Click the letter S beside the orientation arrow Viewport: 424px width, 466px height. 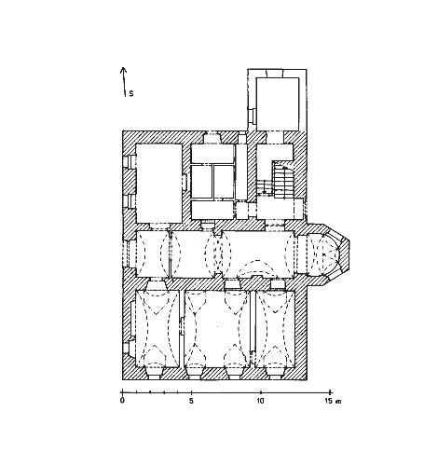coord(131,93)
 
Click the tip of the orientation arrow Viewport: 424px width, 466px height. coord(123,67)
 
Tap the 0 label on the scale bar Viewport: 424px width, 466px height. coord(122,401)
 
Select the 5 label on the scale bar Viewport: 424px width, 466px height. coord(191,401)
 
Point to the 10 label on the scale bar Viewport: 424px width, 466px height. coord(260,401)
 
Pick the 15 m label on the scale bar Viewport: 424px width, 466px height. coord(333,401)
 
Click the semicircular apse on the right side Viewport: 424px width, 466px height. coord(329,254)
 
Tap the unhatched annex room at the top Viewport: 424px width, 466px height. coord(278,104)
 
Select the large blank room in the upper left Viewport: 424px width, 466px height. coord(159,184)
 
